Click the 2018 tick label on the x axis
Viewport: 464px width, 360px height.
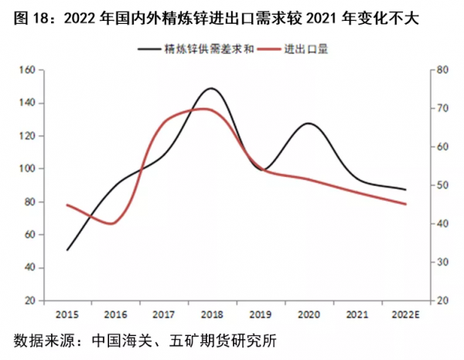click(211, 314)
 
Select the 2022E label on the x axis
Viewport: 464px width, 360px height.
click(404, 314)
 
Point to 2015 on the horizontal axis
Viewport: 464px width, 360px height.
click(67, 314)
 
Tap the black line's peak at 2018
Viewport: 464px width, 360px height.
click(211, 89)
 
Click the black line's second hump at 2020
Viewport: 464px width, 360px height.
click(309, 124)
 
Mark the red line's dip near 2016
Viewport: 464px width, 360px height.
click(112, 223)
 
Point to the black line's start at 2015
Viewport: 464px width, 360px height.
click(67, 250)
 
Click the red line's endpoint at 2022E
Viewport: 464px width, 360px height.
click(406, 204)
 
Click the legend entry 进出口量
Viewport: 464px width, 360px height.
click(308, 49)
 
